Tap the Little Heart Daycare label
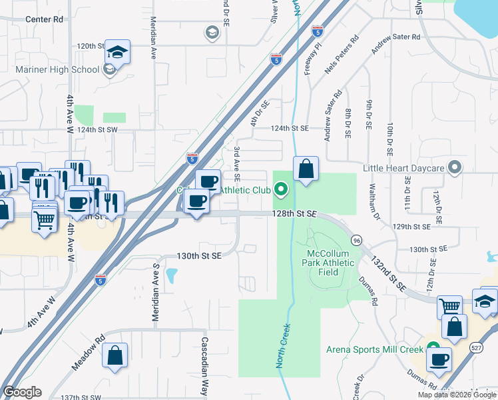(x=403, y=167)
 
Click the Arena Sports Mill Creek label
(x=375, y=349)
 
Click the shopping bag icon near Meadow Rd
(x=115, y=356)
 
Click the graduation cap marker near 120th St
(x=117, y=52)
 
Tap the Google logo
(x=22, y=392)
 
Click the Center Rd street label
(x=44, y=19)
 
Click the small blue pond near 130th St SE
(x=170, y=275)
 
